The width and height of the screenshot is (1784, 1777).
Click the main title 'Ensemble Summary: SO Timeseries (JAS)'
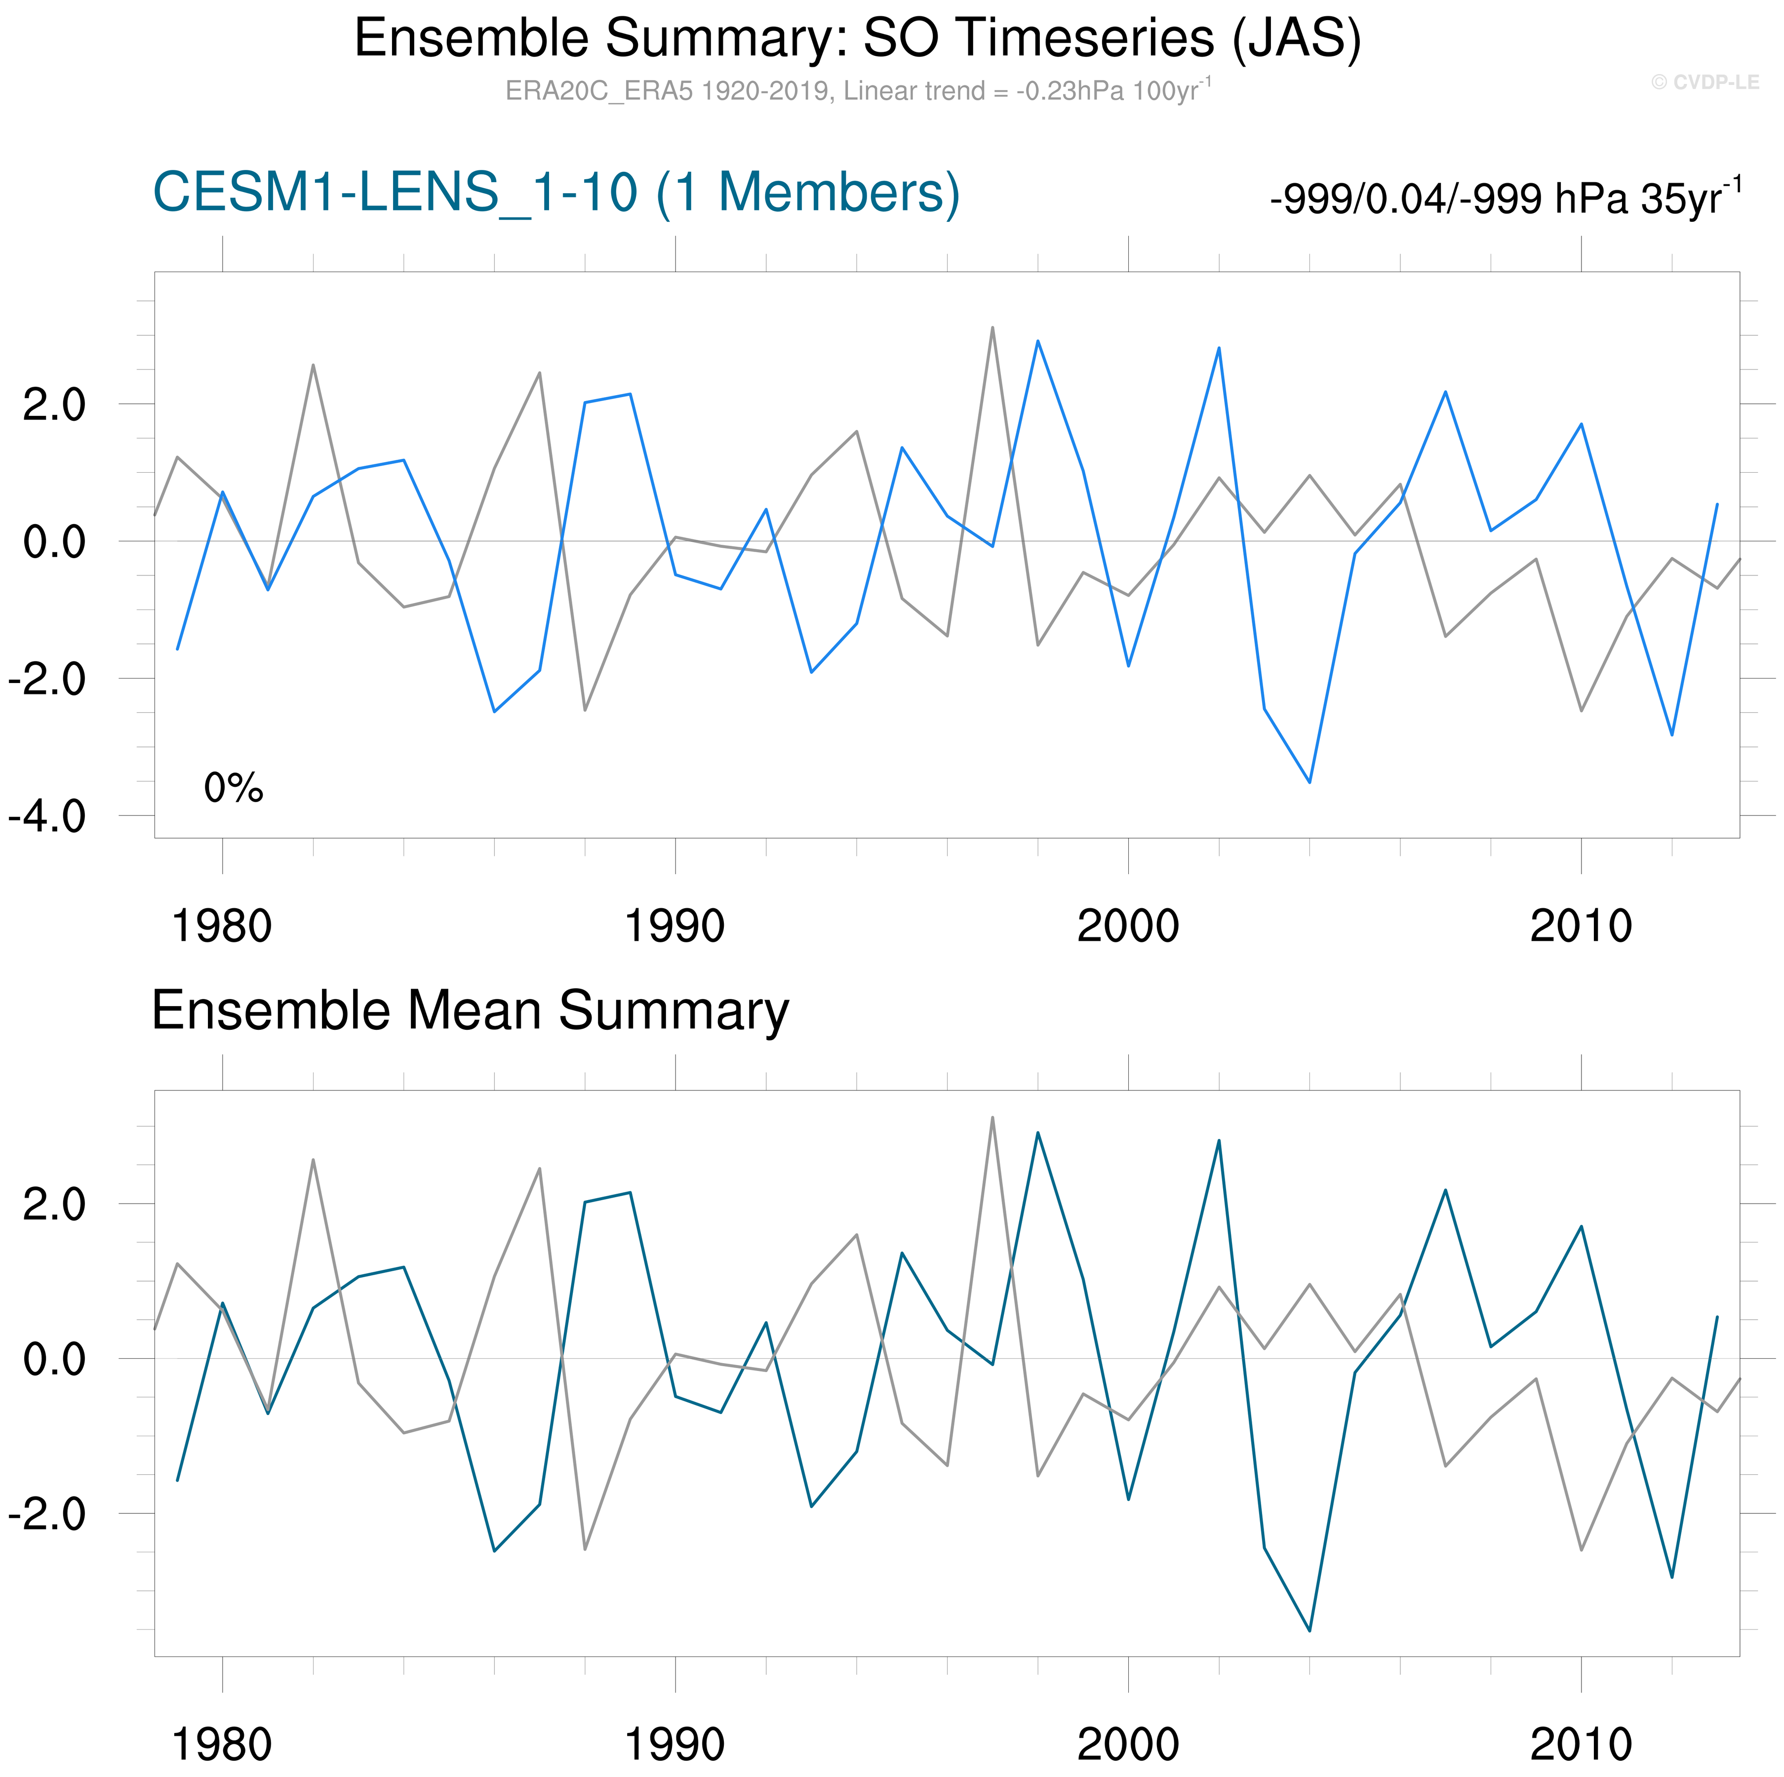pos(857,39)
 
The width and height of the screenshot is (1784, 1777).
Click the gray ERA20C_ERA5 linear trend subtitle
pos(857,90)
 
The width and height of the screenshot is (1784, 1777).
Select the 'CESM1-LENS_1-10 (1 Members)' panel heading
pos(556,193)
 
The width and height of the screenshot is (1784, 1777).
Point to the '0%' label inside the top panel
pos(234,788)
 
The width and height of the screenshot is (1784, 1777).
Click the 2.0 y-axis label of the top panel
pos(53,404)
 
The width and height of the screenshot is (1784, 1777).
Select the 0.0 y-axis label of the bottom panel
pos(53,1359)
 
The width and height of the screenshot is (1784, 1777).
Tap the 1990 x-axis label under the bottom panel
pos(675,1744)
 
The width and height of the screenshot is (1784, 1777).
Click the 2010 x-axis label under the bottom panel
pos(1581,1744)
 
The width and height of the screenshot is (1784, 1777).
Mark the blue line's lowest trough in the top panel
pos(1309,782)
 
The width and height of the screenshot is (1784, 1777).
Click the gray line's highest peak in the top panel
pos(992,327)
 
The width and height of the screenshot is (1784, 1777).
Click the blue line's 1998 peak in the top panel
pos(1038,341)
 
